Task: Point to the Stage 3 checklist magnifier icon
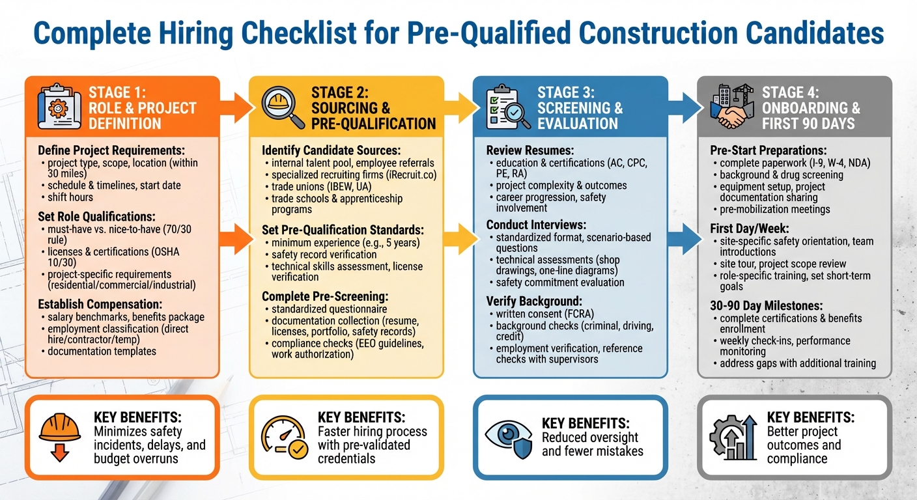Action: click(x=507, y=105)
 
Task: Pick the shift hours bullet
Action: click(x=70, y=197)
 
